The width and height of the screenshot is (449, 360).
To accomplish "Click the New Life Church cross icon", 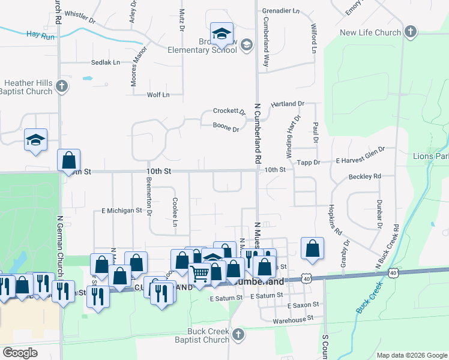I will (410, 32).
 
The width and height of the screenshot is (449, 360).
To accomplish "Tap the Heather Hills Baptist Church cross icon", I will (61, 87).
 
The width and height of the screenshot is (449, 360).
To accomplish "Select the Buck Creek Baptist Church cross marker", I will (238, 335).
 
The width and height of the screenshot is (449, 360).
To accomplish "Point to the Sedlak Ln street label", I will (106, 62).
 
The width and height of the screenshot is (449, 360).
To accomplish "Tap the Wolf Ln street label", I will (158, 95).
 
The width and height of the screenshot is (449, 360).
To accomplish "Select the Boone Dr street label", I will (226, 127).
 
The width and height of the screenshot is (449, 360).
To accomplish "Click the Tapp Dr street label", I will (309, 162).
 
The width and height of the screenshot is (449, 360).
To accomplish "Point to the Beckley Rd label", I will (365, 176).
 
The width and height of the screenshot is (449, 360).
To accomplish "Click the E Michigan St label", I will (121, 211).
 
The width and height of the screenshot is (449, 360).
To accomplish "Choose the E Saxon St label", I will (303, 305).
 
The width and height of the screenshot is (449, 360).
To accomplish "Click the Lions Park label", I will (431, 156).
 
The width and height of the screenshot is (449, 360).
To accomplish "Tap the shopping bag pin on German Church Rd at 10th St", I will (69, 160).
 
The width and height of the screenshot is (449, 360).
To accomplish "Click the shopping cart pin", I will (200, 274).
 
